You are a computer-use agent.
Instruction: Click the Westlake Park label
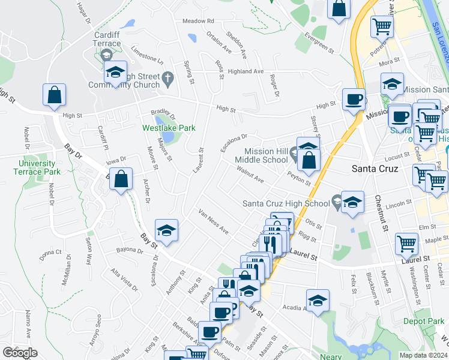(x=160, y=128)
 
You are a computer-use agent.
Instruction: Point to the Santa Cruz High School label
(x=286, y=203)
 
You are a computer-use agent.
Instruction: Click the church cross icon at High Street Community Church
(x=168, y=77)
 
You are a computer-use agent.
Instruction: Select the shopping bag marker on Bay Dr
(x=121, y=179)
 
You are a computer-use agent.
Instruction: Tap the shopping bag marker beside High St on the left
(x=54, y=95)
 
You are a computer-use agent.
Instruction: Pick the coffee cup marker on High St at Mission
(x=354, y=99)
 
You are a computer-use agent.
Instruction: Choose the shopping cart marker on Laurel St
(x=407, y=244)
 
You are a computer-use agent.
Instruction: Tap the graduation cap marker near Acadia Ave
(x=318, y=299)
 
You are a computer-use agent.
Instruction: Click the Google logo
(x=20, y=353)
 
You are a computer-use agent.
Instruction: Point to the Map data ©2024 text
(x=423, y=355)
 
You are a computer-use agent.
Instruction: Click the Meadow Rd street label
(x=198, y=21)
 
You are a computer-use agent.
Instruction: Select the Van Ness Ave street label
(x=214, y=222)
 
